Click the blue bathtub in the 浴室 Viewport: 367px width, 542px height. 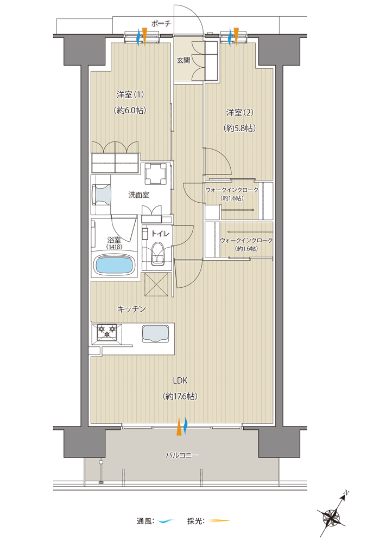pos(114,265)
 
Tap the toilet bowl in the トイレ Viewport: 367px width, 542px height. pos(158,253)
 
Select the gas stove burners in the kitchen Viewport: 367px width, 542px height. pos(107,332)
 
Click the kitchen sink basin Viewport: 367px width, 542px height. pos(155,333)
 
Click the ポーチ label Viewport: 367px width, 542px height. pos(161,23)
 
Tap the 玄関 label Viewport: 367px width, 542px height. pos(184,60)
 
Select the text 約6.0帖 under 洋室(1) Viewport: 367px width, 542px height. pos(130,110)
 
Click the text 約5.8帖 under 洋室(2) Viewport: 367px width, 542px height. pos(240,128)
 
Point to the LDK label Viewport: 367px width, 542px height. pos(180,380)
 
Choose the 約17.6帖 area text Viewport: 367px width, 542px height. pos(180,397)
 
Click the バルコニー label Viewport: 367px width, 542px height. pos(182,455)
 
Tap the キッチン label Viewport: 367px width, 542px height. pos(131,309)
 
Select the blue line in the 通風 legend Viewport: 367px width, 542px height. pos(167,520)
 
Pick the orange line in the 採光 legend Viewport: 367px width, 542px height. pos(219,520)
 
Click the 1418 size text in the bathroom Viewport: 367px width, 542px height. pos(114,247)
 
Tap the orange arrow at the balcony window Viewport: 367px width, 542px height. pos(179,426)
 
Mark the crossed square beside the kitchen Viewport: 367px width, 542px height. pos(156,284)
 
